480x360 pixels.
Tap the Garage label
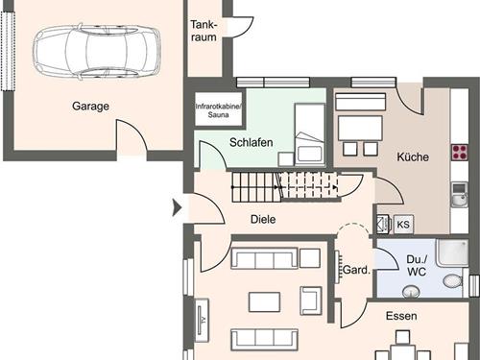tap(89, 107)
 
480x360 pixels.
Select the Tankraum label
tap(204, 30)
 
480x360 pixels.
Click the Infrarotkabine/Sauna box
tap(220, 110)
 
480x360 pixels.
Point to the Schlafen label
tap(252, 142)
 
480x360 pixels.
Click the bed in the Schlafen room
tap(309, 135)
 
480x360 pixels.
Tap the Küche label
tap(412, 156)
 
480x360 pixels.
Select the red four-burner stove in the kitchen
tap(460, 152)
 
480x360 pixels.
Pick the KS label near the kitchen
tap(403, 224)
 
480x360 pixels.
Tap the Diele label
tap(262, 219)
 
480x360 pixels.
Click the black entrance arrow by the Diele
tap(176, 206)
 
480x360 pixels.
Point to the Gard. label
tap(356, 271)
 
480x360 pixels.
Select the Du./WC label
tap(416, 266)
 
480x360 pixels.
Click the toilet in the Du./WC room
tap(453, 281)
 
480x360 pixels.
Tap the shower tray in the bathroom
tap(450, 252)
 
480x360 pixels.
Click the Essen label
tap(401, 316)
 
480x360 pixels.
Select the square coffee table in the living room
tap(264, 301)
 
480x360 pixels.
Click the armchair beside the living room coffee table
tap(310, 300)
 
